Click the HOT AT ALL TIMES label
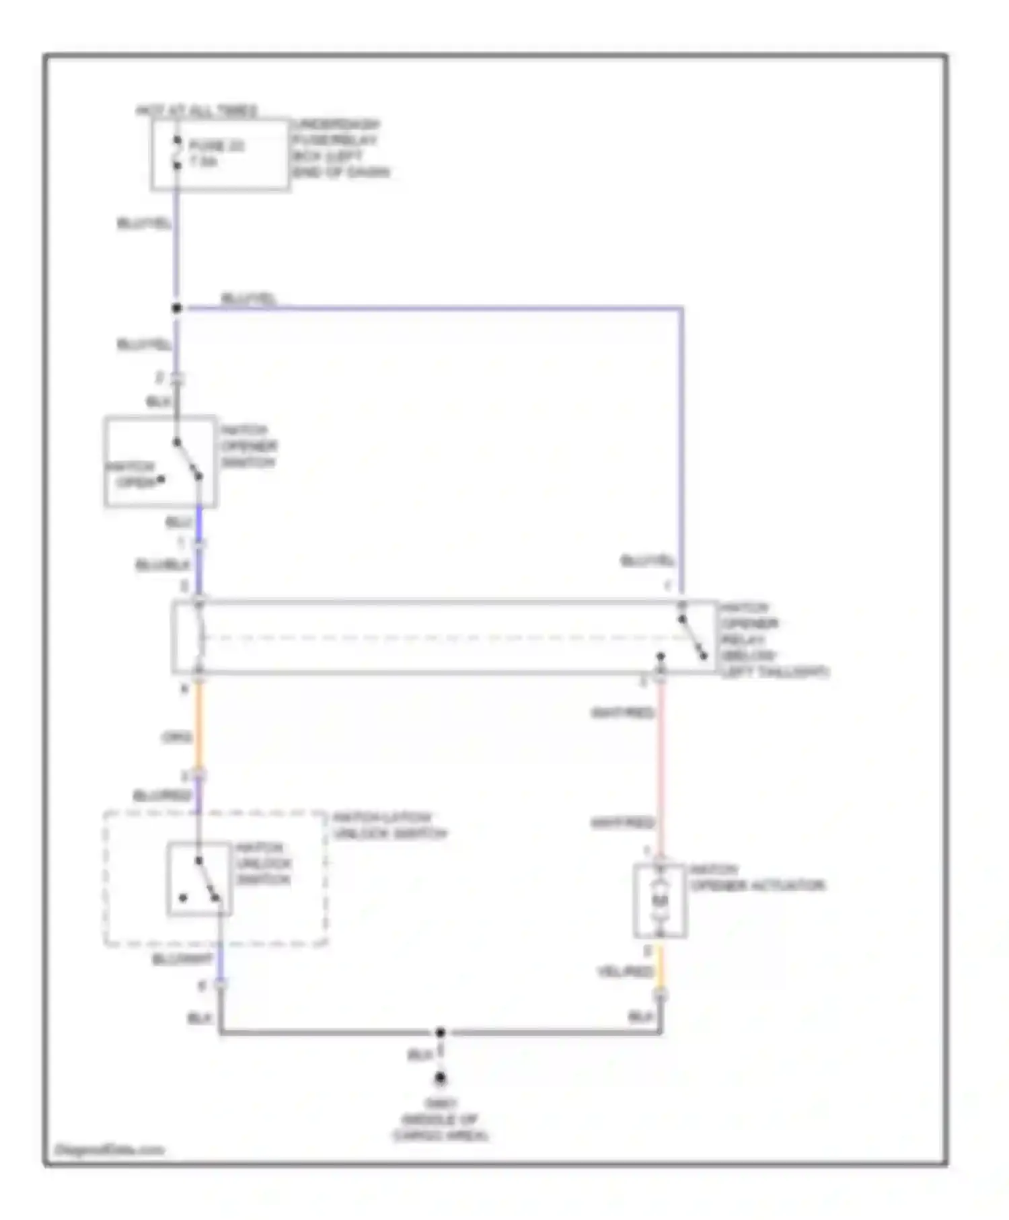click(196, 111)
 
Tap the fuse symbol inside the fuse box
click(177, 153)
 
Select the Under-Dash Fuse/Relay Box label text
click(340, 149)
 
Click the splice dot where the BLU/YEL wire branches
click(177, 309)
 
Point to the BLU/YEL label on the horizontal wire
click(248, 299)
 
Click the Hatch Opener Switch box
click(160, 462)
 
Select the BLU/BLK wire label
click(162, 565)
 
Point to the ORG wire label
click(176, 738)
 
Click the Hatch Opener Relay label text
click(774, 640)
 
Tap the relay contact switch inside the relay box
click(693, 637)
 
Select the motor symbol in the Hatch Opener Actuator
click(661, 901)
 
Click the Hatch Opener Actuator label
click(756, 878)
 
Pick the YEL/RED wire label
click(625, 973)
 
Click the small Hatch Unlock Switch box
click(199, 879)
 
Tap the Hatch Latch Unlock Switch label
click(389, 826)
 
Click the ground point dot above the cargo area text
click(441, 1078)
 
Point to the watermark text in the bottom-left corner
click(109, 1149)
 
